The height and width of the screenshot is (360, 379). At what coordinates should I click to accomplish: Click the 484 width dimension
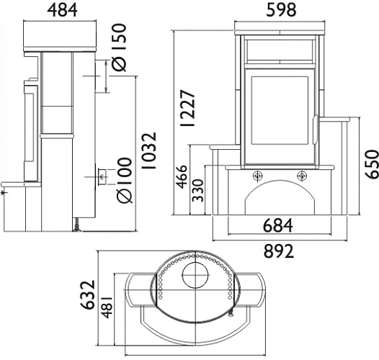(62, 10)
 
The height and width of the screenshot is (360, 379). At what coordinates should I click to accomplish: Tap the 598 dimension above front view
(281, 10)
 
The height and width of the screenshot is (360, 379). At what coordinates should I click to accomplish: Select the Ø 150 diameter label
(119, 48)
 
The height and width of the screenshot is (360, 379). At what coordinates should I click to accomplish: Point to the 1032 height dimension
(149, 150)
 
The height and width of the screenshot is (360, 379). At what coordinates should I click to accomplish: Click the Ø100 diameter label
(124, 180)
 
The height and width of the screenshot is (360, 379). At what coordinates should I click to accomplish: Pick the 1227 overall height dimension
(187, 108)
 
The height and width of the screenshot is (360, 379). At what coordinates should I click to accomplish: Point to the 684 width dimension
(277, 225)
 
